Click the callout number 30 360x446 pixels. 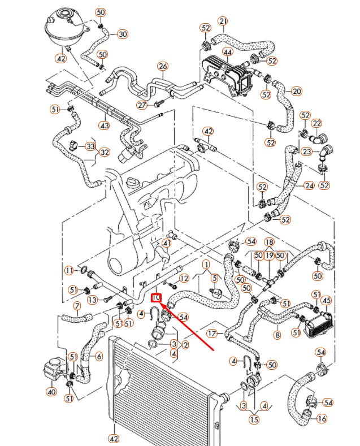[x=123, y=34]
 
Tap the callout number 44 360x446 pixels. [x=228, y=52]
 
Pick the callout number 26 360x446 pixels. [x=163, y=67]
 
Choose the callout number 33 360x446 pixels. [x=90, y=146]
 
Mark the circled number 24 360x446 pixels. [x=309, y=185]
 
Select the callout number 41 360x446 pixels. [x=166, y=244]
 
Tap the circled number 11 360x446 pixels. [x=69, y=271]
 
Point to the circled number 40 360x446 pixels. [x=51, y=391]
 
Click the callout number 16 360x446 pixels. [x=322, y=419]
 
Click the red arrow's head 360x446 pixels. [x=162, y=302]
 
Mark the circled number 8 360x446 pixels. [x=277, y=335]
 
